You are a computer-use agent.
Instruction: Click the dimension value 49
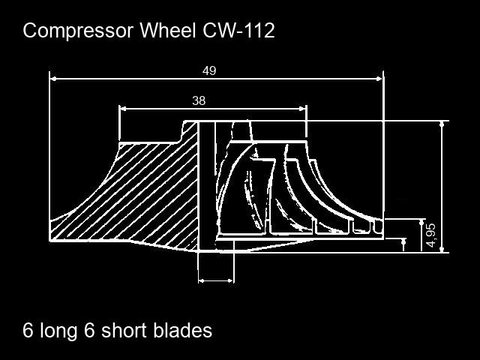click(x=209, y=70)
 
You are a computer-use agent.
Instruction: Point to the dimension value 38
click(x=199, y=100)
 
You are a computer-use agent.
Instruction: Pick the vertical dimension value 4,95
click(x=430, y=235)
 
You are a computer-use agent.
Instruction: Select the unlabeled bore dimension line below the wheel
click(x=216, y=280)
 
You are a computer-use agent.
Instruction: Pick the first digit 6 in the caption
click(x=28, y=330)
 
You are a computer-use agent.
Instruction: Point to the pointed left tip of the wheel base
click(x=52, y=239)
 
